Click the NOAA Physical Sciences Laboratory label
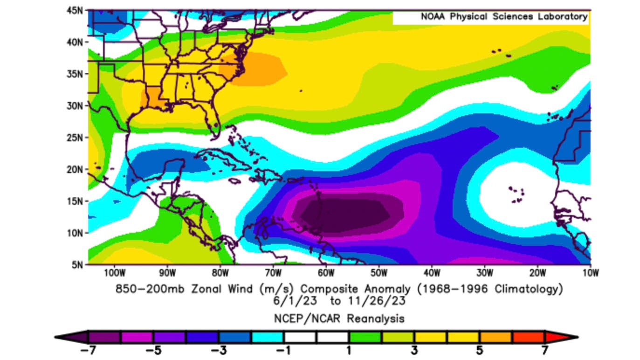point(504,17)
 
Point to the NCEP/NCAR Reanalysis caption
point(339,318)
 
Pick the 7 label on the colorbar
point(544,351)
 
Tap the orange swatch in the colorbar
point(495,337)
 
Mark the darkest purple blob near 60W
point(345,215)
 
